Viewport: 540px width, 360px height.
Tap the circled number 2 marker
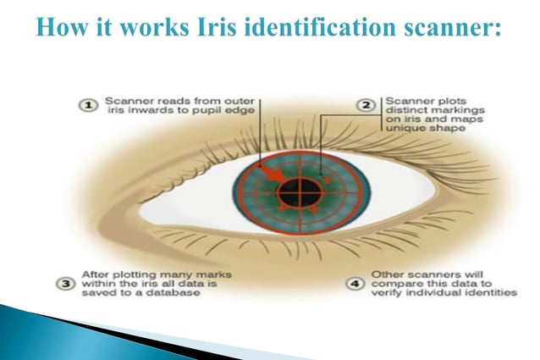point(366,104)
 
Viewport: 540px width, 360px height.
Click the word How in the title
point(63,28)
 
